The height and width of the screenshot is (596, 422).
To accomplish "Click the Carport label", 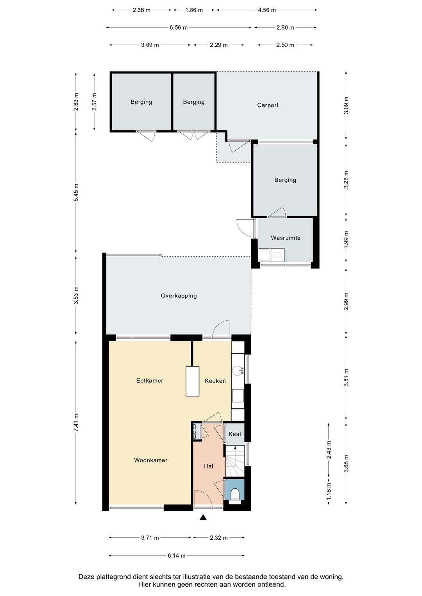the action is [268, 105].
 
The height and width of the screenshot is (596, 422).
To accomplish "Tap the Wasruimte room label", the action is [286, 238].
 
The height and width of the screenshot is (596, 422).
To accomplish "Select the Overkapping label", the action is [179, 295].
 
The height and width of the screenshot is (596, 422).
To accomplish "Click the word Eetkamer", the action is [149, 381].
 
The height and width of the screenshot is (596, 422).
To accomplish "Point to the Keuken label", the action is [215, 381].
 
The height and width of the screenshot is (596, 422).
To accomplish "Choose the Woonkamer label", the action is [150, 460].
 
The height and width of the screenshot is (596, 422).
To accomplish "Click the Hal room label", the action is [208, 466].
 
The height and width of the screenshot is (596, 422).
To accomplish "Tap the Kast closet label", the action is [235, 434].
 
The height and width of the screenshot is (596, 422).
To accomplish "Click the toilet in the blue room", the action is [235, 495].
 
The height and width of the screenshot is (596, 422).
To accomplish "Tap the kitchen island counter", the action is [192, 381].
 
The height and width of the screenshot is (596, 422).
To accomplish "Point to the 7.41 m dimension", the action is [76, 423].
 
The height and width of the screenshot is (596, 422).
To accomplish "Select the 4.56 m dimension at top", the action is [267, 10].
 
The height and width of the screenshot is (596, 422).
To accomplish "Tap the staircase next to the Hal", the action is [235, 461].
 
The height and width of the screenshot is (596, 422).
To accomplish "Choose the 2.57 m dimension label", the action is [94, 101].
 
